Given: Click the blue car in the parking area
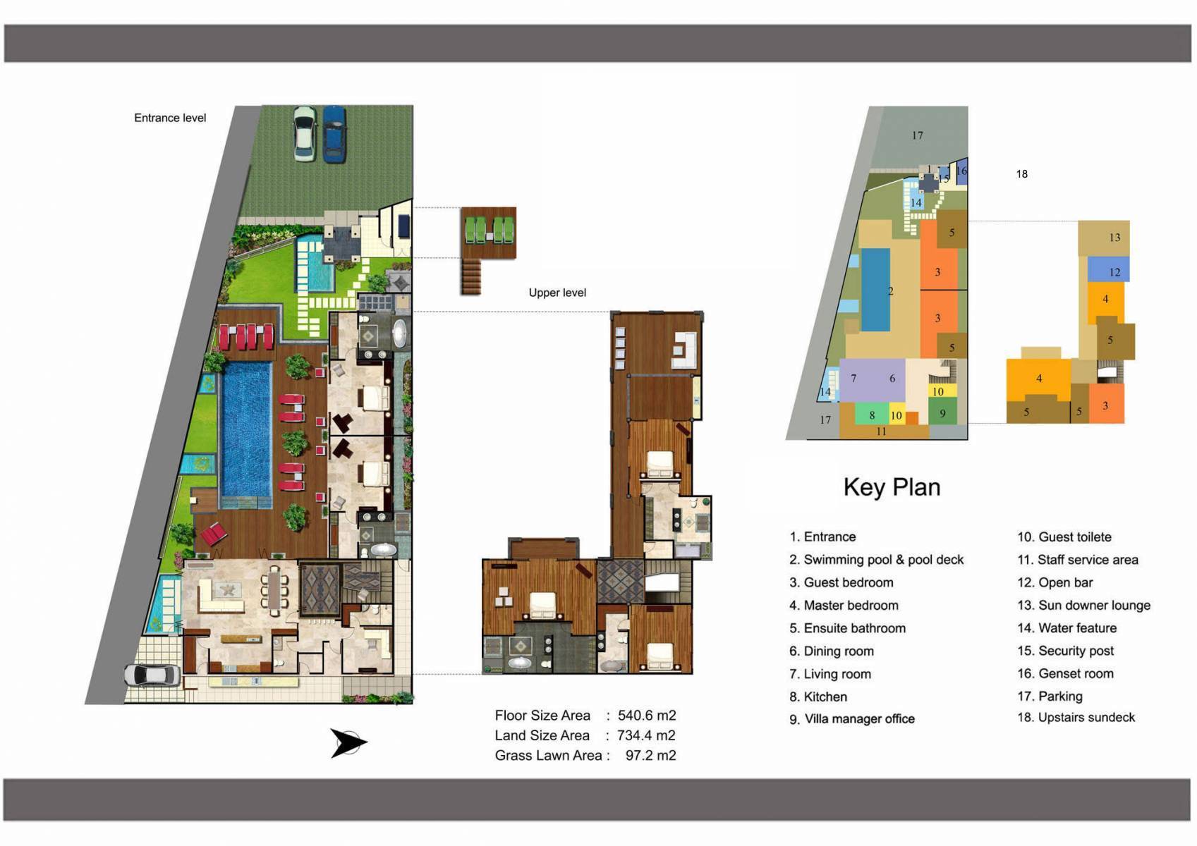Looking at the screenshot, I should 334,134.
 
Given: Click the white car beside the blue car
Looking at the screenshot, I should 305,134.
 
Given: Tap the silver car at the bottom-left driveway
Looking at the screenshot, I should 152,675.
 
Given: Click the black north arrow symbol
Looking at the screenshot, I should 348,743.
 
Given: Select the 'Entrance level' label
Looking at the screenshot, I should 170,118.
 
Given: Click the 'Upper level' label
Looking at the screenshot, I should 557,293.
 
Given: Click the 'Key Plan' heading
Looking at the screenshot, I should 892,487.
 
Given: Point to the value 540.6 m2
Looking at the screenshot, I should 647,716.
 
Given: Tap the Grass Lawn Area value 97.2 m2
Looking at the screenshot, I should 650,756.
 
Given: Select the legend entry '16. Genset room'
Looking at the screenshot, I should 1065,673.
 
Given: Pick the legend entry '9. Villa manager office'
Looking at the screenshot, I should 851,719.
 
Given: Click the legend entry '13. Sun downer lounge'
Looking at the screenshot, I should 1083,605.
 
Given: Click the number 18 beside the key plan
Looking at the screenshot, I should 1021,174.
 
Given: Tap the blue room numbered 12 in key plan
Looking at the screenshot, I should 1108,270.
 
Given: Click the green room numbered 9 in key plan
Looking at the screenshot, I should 942,412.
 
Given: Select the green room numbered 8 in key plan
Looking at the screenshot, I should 871,414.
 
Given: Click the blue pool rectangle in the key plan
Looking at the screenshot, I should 875,290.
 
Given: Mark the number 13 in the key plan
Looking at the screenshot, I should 1114,238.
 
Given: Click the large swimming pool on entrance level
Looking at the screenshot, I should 246,430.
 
